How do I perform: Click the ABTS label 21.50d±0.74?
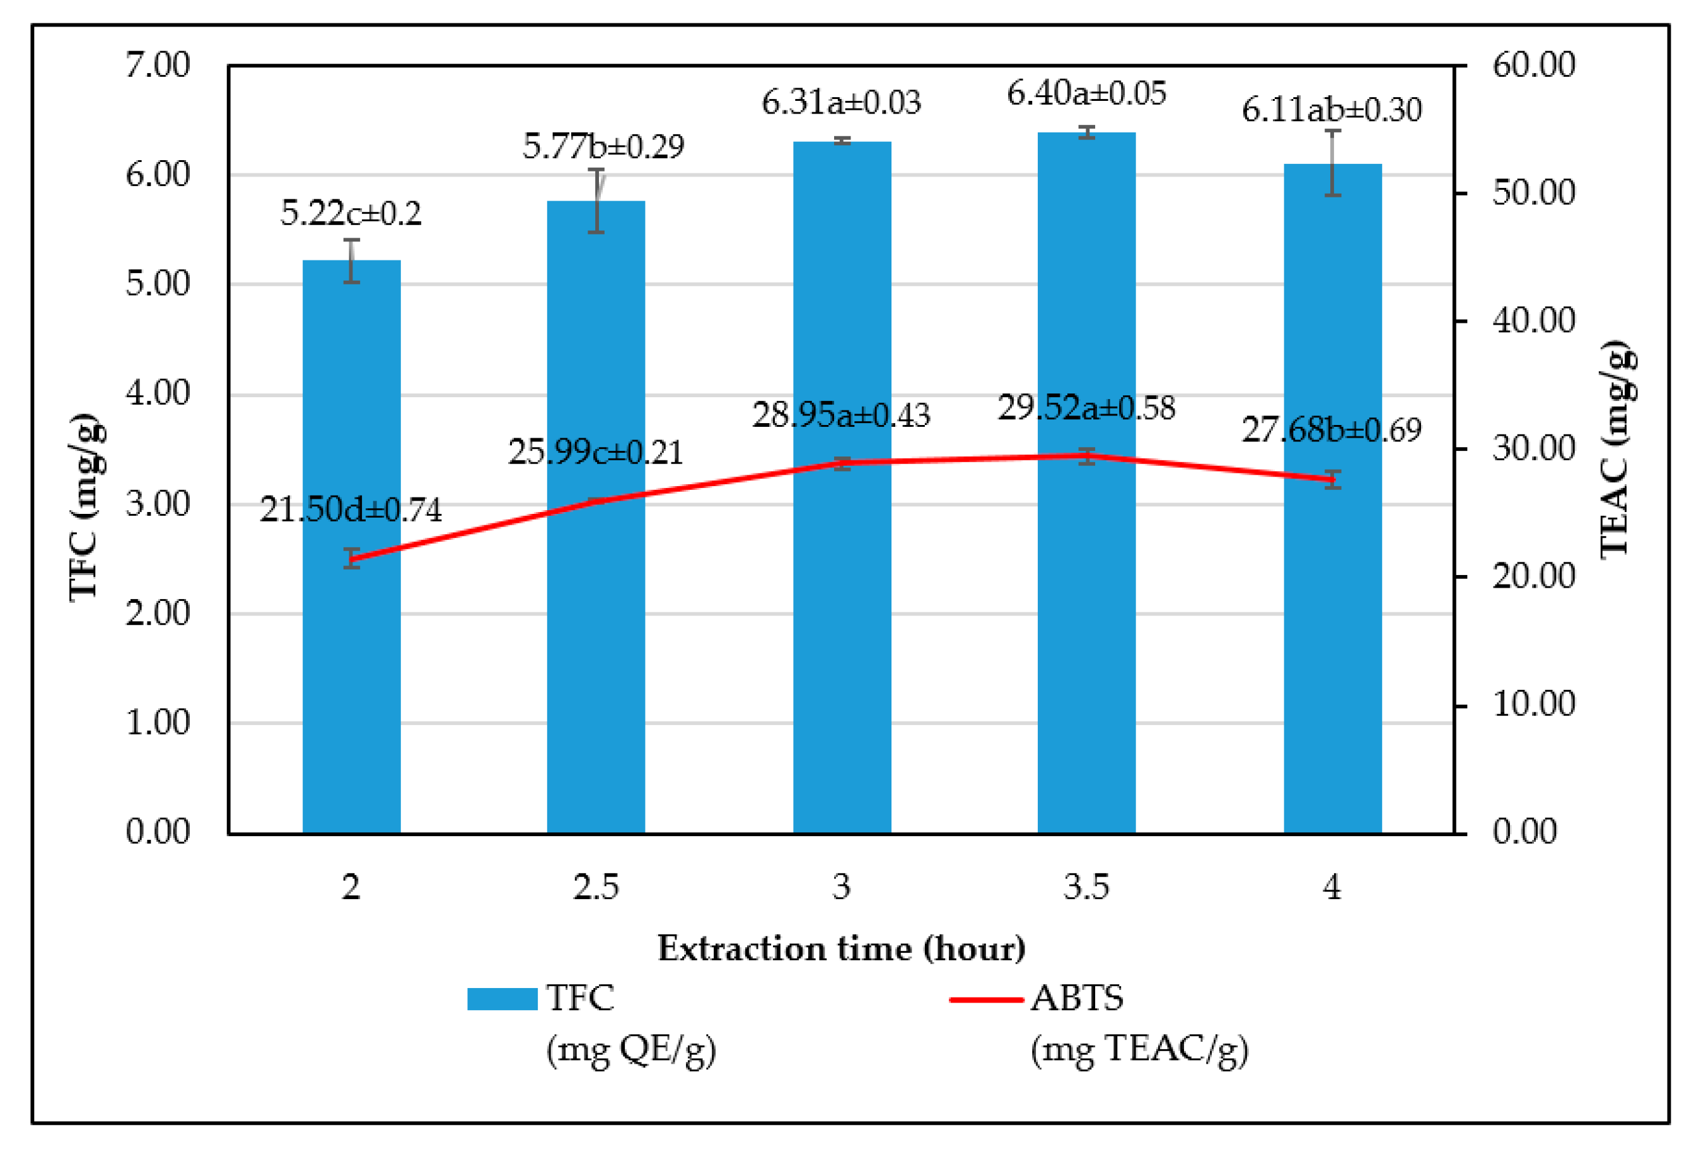pyautogui.click(x=351, y=509)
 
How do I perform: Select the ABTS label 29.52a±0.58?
pyautogui.click(x=1086, y=408)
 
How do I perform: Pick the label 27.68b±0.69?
pyautogui.click(x=1332, y=429)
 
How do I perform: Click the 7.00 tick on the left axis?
pyautogui.click(x=158, y=65)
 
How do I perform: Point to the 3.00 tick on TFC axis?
pyautogui.click(x=158, y=504)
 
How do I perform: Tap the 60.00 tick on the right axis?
pyautogui.click(x=1533, y=65)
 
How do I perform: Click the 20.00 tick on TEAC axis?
pyautogui.click(x=1533, y=577)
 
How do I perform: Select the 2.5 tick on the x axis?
pyautogui.click(x=596, y=887)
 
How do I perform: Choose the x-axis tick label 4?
pyautogui.click(x=1332, y=887)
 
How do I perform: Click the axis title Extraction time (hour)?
pyautogui.click(x=841, y=948)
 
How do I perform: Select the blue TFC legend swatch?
pyautogui.click(x=502, y=999)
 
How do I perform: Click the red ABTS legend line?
pyautogui.click(x=985, y=999)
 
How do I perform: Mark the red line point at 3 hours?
pyautogui.click(x=842, y=463)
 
